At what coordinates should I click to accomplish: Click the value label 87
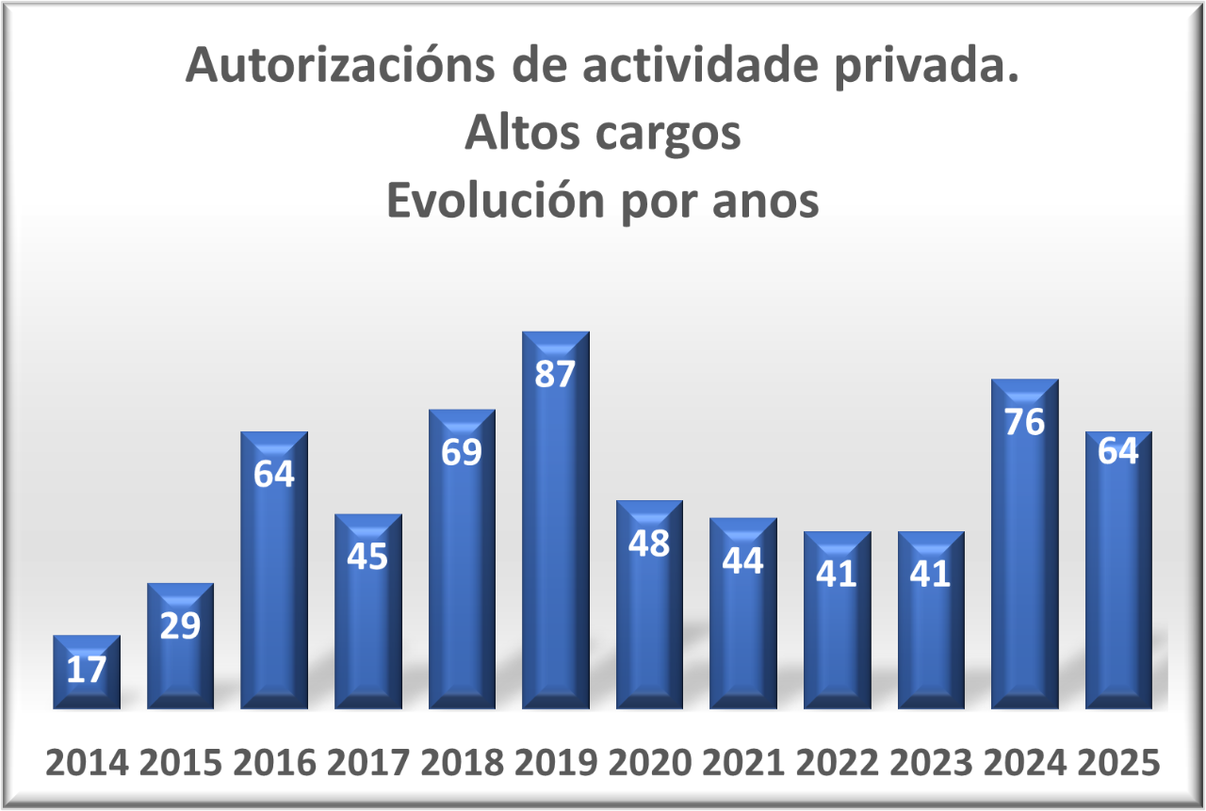click(555, 374)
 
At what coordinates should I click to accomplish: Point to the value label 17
click(87, 670)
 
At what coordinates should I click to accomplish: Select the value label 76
click(1024, 422)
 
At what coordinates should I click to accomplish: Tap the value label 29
click(180, 625)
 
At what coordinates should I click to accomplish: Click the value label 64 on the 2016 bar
click(274, 474)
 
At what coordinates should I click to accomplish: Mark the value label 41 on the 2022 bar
click(837, 574)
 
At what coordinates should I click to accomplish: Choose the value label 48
click(648, 543)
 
